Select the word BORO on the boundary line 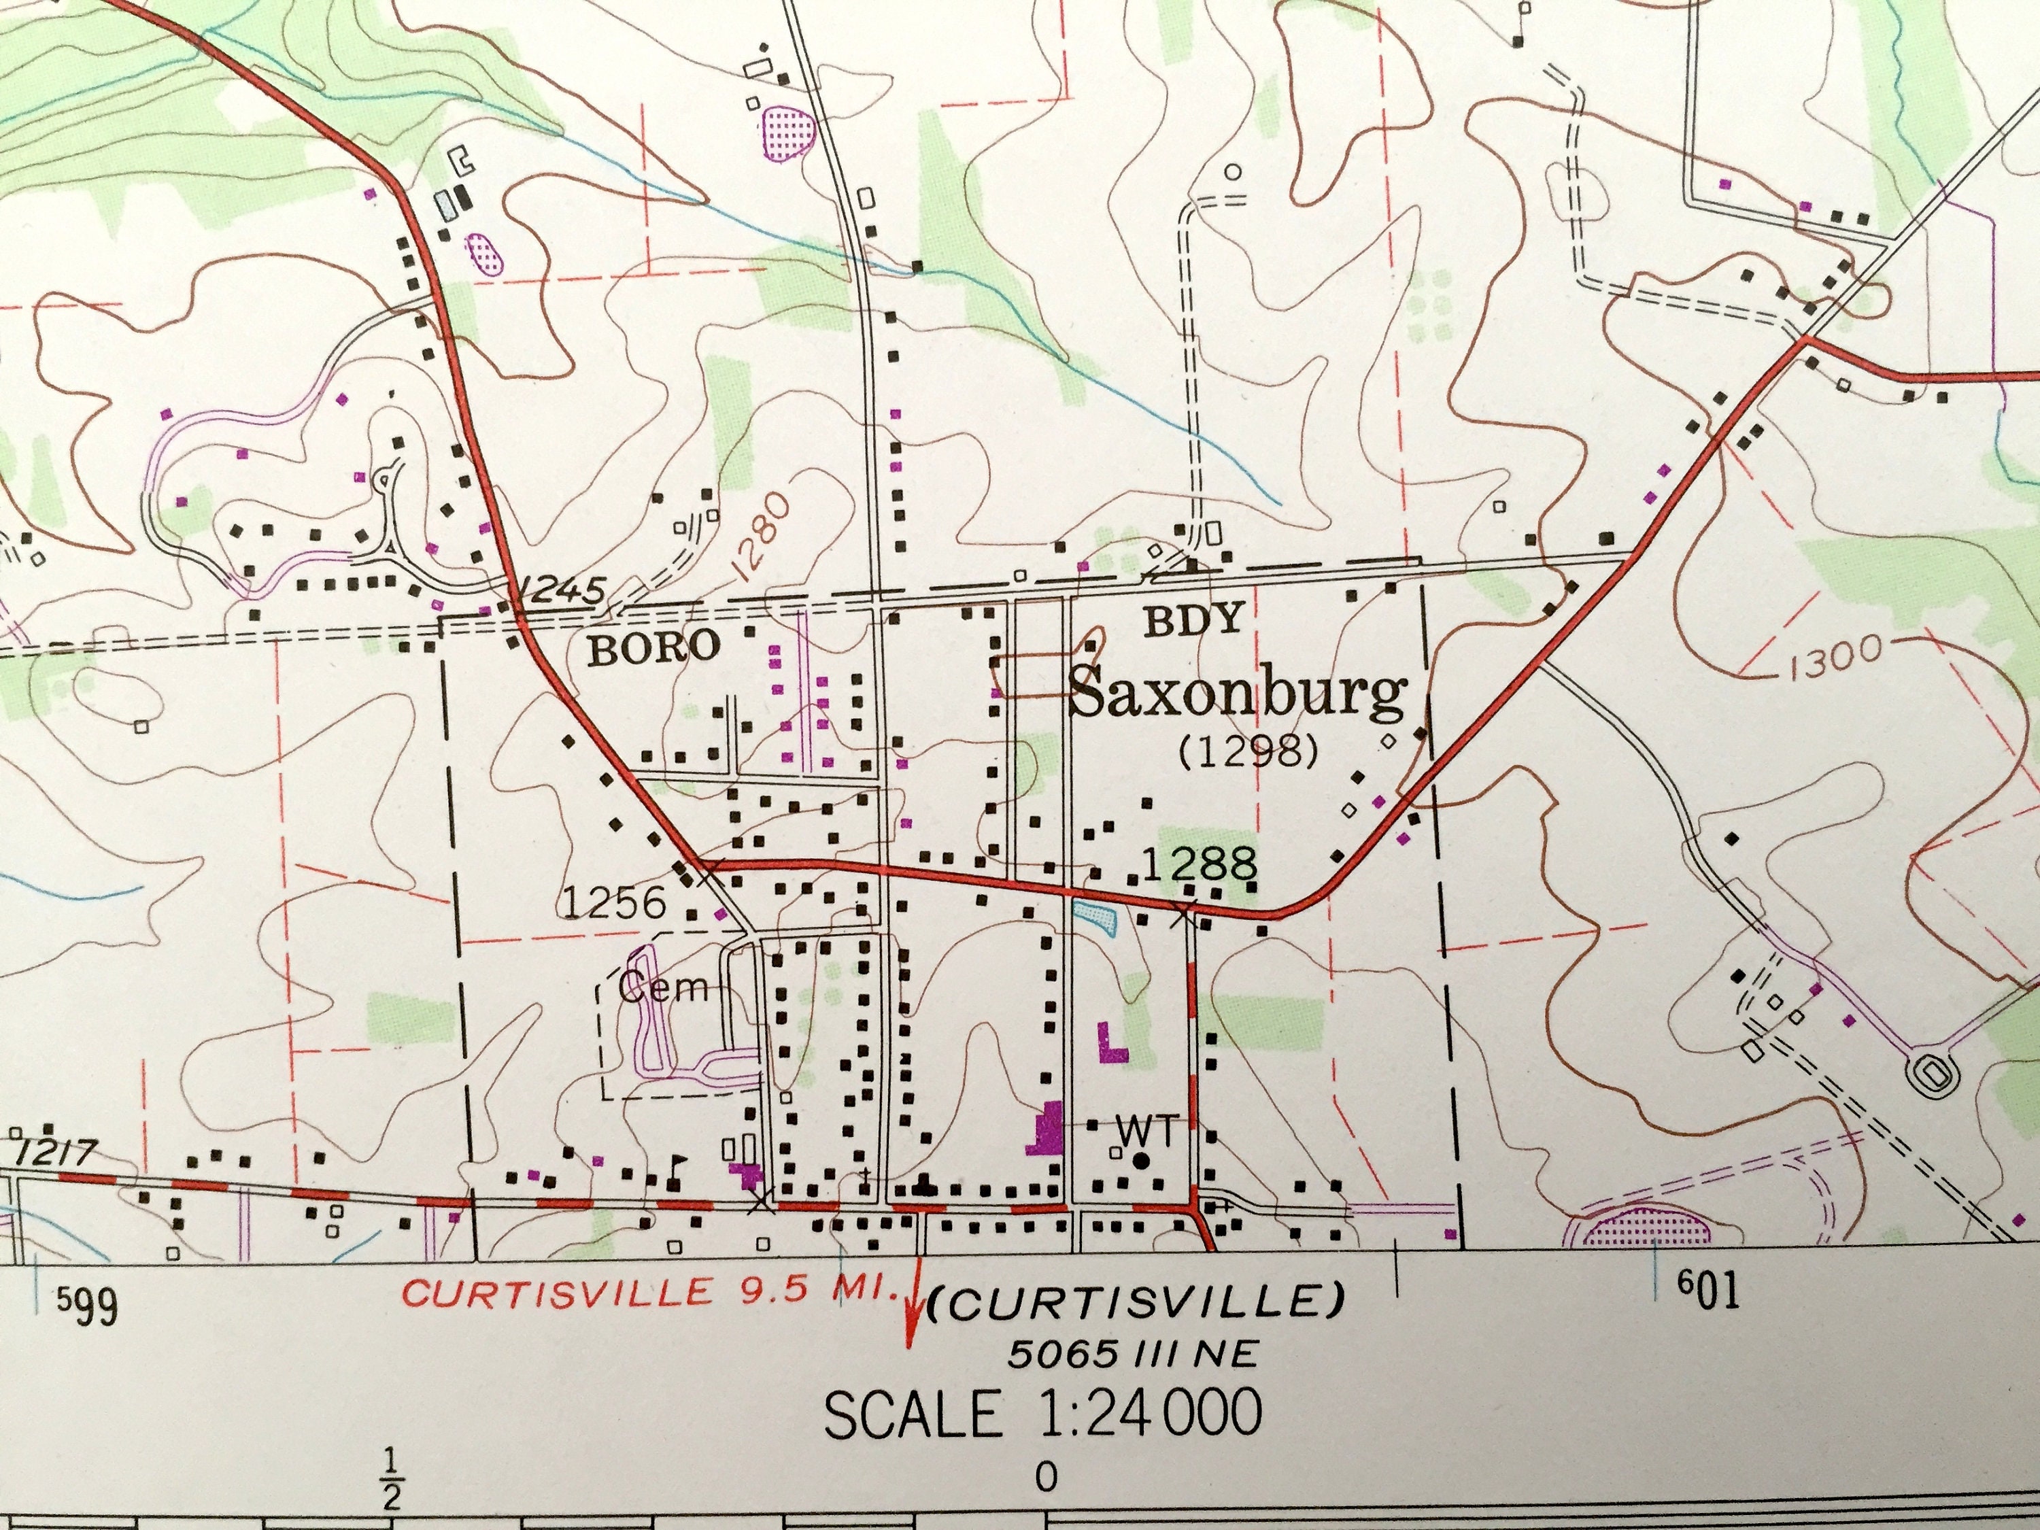654,648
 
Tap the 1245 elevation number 561,588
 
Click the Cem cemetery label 662,988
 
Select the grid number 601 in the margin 1708,1291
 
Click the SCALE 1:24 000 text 1042,1414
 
